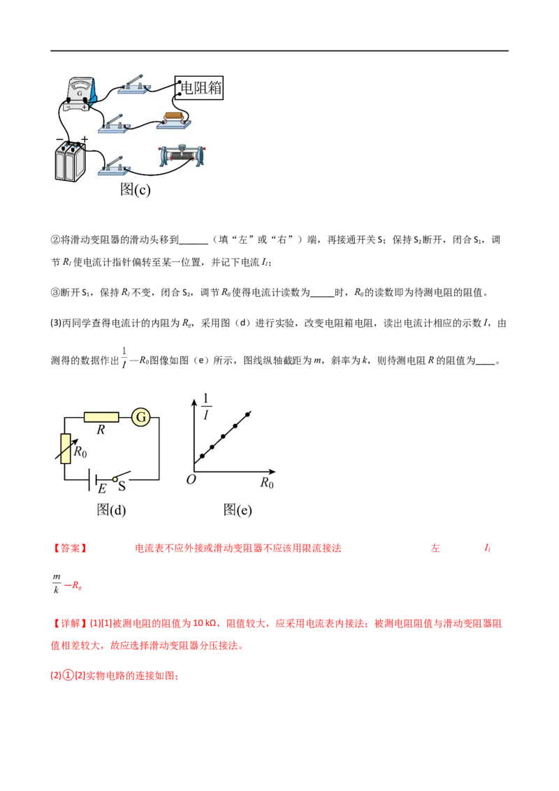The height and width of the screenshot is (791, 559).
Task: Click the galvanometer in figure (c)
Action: tap(81, 94)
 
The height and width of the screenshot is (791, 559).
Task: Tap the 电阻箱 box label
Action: tap(199, 88)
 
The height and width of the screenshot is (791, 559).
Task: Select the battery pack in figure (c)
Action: tap(70, 161)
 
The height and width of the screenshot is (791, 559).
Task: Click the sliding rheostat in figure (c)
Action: tap(182, 156)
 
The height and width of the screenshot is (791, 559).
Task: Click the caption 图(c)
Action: tap(136, 189)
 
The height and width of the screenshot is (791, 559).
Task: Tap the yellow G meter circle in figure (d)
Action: tap(140, 417)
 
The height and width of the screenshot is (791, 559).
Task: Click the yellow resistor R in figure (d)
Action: tap(101, 417)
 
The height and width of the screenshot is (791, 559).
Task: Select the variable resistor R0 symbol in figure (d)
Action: tap(65, 449)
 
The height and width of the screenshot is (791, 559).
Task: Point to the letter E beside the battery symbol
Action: tap(102, 488)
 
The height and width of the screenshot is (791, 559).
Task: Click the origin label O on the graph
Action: tap(191, 480)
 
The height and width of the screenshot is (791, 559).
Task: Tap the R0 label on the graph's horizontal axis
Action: tap(267, 484)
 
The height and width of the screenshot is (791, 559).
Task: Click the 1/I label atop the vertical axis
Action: tap(205, 407)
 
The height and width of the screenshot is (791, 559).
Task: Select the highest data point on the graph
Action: tap(248, 414)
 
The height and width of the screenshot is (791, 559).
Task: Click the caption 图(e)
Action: tap(237, 510)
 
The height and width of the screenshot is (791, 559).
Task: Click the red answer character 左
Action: tap(435, 548)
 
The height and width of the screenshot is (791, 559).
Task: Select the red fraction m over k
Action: tap(57, 583)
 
